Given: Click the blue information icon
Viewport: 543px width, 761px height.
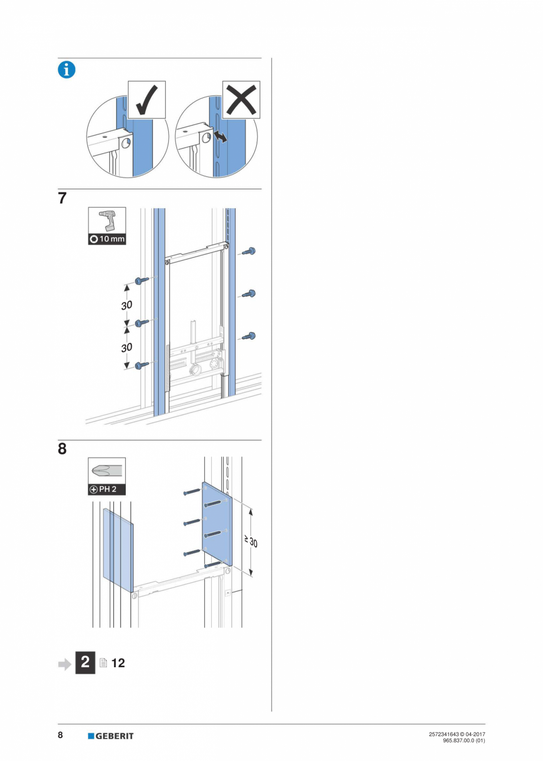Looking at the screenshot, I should (66, 70).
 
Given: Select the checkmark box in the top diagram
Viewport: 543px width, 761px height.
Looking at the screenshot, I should (146, 100).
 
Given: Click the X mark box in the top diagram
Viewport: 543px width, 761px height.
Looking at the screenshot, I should (241, 100).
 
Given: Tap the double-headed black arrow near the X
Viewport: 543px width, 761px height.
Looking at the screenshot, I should (219, 137).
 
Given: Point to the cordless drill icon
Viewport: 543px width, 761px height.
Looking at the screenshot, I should (107, 221).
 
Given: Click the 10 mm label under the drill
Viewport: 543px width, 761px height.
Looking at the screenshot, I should (107, 240).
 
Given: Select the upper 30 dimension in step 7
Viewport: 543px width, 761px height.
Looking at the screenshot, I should (127, 304).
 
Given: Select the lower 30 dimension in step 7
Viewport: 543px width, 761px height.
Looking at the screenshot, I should (127, 347).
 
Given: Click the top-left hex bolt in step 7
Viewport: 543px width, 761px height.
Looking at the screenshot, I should (142, 281).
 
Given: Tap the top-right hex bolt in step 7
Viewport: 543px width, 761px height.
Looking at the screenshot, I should (248, 252).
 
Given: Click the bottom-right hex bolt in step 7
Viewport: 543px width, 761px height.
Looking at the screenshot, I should (248, 336).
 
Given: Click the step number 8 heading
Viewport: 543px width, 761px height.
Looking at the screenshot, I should (62, 450).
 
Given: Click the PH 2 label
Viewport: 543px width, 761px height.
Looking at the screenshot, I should (107, 490).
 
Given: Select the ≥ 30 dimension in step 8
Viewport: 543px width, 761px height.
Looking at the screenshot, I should (252, 541).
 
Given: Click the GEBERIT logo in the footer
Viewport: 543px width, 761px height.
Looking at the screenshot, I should (111, 736).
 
